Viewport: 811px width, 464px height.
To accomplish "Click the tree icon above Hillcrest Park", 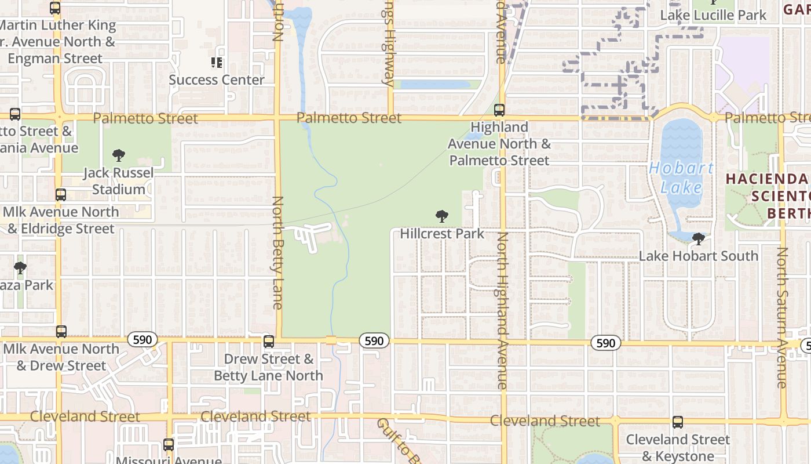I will [442, 217].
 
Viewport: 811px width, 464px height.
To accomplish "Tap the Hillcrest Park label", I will [442, 234].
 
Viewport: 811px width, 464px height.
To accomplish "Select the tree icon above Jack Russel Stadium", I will [119, 155].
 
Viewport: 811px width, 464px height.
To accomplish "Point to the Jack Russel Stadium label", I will [119, 181].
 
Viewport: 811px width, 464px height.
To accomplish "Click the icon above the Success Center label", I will [217, 63].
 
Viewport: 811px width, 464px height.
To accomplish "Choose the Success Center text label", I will [217, 80].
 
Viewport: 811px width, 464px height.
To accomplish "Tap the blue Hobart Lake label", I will [681, 177].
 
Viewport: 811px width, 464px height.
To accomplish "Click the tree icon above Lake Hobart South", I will [699, 238].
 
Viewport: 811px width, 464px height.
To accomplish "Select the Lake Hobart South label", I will [699, 256].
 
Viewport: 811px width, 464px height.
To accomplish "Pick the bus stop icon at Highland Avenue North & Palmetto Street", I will [499, 110].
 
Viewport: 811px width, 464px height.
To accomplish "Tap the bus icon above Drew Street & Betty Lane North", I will [269, 342].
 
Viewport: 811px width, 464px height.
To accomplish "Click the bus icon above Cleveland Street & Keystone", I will [678, 422].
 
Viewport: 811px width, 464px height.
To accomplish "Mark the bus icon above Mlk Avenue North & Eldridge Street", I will [61, 195].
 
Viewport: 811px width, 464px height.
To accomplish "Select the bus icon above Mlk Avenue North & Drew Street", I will [61, 332].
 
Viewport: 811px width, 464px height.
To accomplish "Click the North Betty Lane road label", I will [278, 253].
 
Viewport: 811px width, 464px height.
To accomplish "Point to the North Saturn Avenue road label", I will [783, 318].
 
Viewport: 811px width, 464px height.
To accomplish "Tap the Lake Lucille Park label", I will [713, 15].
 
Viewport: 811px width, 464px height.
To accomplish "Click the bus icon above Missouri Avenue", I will [169, 445].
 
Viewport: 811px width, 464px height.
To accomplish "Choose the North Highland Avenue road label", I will [502, 310].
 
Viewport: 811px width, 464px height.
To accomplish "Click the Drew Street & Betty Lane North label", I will [269, 367].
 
